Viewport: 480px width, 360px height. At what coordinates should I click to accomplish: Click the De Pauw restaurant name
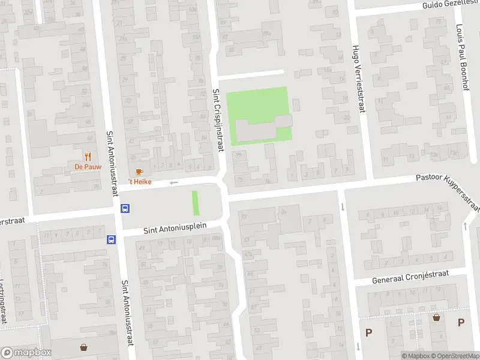88,167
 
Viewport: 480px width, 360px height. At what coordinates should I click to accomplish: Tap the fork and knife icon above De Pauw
88,157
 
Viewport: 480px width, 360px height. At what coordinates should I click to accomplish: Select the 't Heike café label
139,181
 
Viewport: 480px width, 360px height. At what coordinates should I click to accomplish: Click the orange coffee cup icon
139,172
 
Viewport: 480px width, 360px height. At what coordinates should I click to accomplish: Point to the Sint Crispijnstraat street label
217,120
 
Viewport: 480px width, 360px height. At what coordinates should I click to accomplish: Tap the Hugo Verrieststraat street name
358,76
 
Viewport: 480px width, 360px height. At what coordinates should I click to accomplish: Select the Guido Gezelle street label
450,4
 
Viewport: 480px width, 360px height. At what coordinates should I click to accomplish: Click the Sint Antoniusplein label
175,228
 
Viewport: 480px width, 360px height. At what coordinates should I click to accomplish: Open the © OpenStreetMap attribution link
455,356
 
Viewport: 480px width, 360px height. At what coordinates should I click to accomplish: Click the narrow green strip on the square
194,203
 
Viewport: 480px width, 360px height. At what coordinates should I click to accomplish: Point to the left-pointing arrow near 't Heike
174,182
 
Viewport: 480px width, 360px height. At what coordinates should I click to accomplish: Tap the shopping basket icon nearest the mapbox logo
83,347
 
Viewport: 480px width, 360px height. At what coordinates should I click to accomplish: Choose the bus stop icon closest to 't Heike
125,209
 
